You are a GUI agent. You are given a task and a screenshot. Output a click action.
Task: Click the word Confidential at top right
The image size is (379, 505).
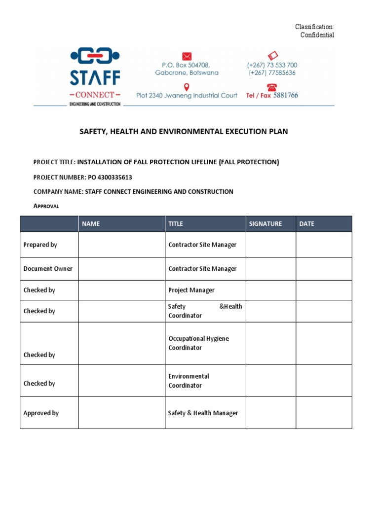(x=317, y=35)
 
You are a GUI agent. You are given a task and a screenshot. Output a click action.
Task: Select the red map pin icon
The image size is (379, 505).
(x=187, y=87)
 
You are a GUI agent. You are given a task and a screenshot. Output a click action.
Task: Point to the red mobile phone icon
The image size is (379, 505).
(x=272, y=55)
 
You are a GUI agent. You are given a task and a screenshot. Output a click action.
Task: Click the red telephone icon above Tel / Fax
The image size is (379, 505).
(x=272, y=87)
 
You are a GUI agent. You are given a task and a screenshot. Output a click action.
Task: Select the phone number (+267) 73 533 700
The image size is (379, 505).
(x=272, y=65)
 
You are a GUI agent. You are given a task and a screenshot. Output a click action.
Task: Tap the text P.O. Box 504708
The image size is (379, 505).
(x=186, y=65)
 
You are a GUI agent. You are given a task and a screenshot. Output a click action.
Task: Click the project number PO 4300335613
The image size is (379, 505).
(x=110, y=177)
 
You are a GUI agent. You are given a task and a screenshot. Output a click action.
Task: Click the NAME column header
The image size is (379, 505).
(x=91, y=224)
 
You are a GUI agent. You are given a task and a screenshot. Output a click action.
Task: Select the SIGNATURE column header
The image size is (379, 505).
(x=265, y=224)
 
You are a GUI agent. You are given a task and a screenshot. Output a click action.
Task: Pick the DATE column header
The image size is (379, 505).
(x=306, y=224)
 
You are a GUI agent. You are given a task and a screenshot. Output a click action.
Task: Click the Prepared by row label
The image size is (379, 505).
(x=40, y=245)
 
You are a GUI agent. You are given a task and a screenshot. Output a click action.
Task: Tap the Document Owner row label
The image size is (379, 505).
(x=48, y=269)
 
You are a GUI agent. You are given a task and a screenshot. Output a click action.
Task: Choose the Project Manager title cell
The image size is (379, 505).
(x=191, y=290)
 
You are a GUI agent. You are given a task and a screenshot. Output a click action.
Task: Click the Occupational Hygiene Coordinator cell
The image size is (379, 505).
(x=198, y=343)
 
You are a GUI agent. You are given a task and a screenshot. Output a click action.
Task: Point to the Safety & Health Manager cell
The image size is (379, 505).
(x=203, y=413)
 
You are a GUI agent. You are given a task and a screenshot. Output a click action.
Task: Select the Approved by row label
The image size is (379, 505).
(x=41, y=413)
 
